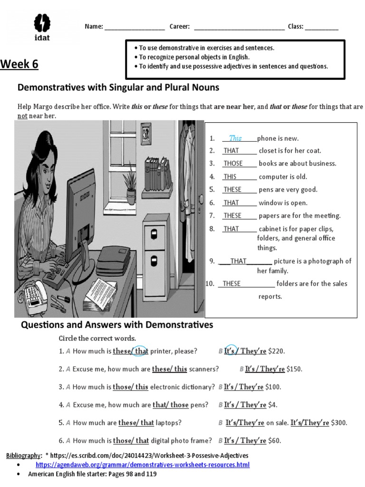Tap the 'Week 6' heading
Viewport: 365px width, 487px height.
tap(19, 64)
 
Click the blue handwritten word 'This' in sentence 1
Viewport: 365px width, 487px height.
tap(235, 138)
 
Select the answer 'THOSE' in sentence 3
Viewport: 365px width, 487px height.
tap(233, 164)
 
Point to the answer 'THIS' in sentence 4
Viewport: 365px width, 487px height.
tap(230, 177)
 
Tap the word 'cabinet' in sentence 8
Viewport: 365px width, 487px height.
tap(272, 229)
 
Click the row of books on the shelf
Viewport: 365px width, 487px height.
tap(157, 174)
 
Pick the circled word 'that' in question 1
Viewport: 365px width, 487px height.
tap(141, 351)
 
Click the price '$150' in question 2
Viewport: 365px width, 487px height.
tap(295, 369)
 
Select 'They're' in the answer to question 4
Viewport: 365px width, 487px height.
tap(253, 405)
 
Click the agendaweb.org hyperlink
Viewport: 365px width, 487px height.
tap(143, 465)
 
